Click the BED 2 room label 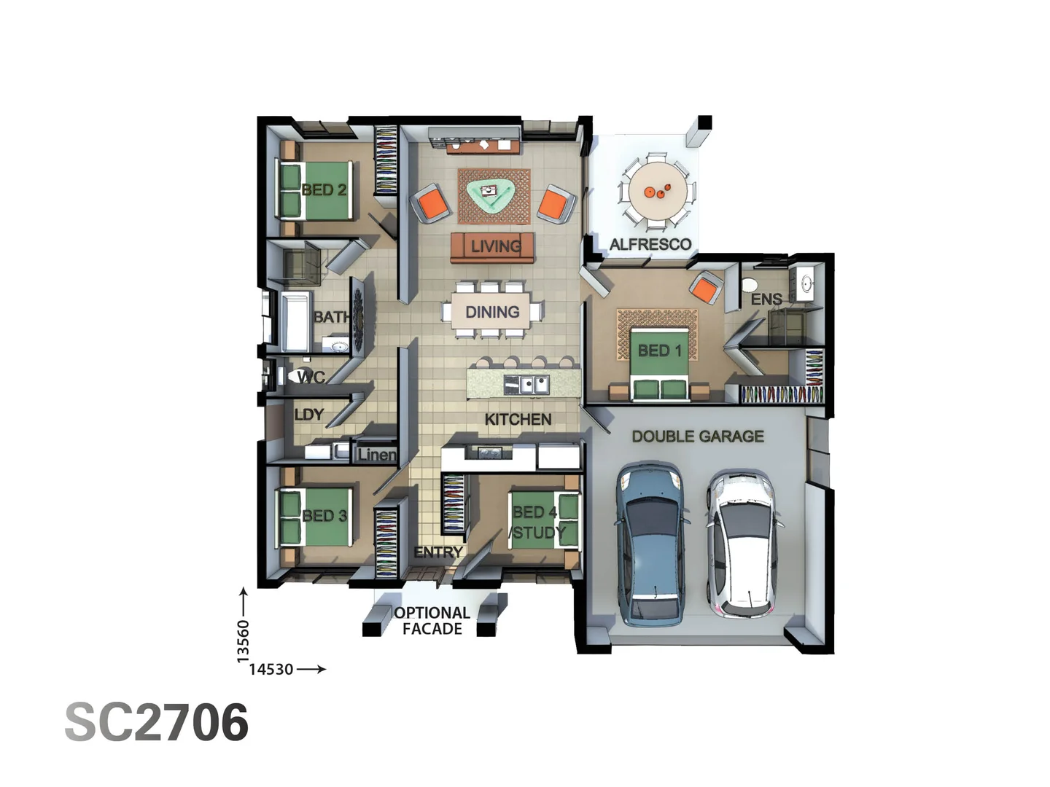[x=324, y=190]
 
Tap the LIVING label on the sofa [x=495, y=246]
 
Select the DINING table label [x=492, y=312]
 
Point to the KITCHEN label [x=518, y=419]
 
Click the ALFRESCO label [x=650, y=244]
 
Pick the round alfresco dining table [x=657, y=192]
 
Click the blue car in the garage [x=651, y=543]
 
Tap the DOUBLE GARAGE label [x=698, y=436]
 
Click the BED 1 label [x=659, y=351]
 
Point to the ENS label [x=766, y=299]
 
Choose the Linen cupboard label [x=377, y=455]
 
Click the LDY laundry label [x=308, y=415]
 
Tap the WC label [x=311, y=377]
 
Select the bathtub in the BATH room [x=296, y=321]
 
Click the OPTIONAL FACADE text [x=432, y=621]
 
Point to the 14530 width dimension [x=271, y=669]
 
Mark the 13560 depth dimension [x=244, y=641]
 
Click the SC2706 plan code [x=157, y=723]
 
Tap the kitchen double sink [x=526, y=383]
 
